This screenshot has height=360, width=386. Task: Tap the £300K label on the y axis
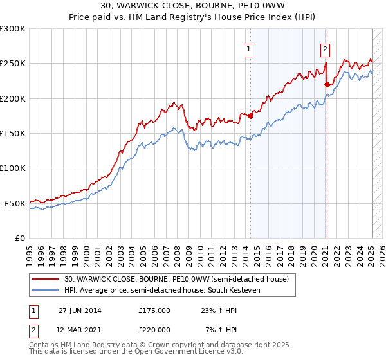point(13,29)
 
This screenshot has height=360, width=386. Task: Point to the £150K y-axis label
point(13,133)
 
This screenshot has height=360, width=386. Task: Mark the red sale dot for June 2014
point(250,116)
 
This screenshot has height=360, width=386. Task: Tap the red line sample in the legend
point(46,279)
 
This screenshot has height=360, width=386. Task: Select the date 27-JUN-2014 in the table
point(80,310)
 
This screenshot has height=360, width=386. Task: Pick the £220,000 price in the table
point(154,329)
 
